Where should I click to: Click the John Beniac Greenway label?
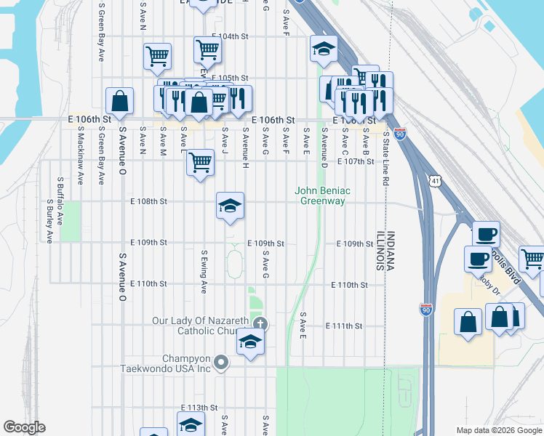pyautogui.click(x=322, y=195)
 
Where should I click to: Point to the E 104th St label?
pyautogui.click(x=230, y=36)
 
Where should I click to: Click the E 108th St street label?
pyautogui.click(x=148, y=201)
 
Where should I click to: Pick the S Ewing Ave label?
pyautogui.click(x=204, y=271)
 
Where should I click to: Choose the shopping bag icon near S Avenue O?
pyautogui.click(x=119, y=101)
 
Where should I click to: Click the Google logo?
pyautogui.click(x=24, y=427)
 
